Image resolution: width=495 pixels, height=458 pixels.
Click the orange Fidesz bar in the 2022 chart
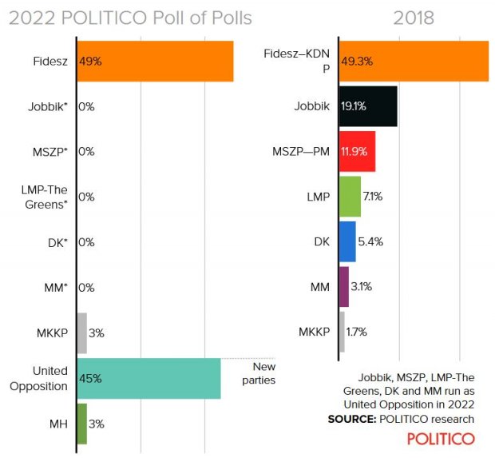coord(156,62)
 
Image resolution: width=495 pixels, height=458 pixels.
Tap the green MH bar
coord(81,424)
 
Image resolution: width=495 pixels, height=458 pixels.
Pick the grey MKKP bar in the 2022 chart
coord(81,333)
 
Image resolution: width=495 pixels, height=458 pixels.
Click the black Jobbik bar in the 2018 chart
coord(368,106)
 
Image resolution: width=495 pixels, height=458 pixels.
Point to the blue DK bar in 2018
coord(347,241)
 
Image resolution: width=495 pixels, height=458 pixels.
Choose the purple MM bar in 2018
coord(344,286)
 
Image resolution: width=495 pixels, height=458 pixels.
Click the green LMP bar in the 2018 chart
coord(350,197)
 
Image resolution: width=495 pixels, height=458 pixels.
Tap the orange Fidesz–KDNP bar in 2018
coord(414,61)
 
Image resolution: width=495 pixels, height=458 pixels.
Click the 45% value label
coord(90,379)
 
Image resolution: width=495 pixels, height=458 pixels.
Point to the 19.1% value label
coord(354,106)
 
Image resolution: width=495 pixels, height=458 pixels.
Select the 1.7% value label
coord(356,332)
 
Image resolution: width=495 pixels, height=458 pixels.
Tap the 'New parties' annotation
coord(258,373)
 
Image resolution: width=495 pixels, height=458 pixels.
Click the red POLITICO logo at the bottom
coord(441,438)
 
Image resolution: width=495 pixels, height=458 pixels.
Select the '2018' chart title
coord(414,18)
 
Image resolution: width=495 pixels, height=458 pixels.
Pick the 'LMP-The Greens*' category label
coord(45,197)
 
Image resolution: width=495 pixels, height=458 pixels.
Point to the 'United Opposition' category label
coord(39,378)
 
